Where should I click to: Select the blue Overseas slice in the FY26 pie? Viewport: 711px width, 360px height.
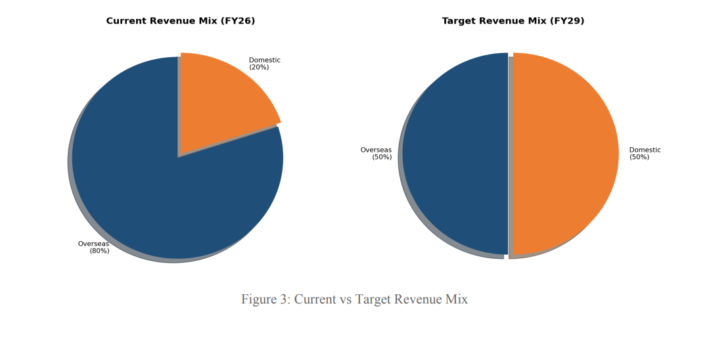tap(164, 197)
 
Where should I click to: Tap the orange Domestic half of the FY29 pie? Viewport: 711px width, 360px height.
tap(565, 154)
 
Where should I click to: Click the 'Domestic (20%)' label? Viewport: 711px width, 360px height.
tap(264, 64)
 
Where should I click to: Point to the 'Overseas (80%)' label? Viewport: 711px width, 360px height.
tap(94, 247)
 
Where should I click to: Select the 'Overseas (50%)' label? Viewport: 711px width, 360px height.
tap(377, 154)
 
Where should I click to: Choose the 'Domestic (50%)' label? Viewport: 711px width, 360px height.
tap(645, 154)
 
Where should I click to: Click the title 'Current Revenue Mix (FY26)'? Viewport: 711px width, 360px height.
tap(181, 21)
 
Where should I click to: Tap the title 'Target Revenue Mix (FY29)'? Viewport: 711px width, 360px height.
tap(513, 21)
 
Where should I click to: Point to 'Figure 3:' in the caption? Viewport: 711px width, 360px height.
tap(265, 300)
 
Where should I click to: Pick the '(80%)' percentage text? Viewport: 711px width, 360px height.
tap(99, 251)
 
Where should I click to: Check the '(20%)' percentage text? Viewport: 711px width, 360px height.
tap(259, 68)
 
